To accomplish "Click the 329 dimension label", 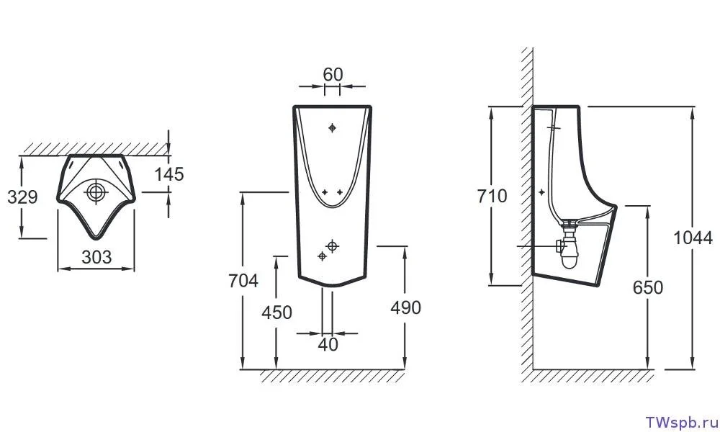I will pos(22,197).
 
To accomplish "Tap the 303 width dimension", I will pos(96,256).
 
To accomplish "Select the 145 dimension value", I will pos(169,174).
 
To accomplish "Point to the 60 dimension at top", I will pos(332,74).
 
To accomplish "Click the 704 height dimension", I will pos(243,281).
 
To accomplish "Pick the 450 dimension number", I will pos(277,312).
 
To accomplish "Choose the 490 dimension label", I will pos(405,307).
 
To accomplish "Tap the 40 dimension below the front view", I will pos(328,345).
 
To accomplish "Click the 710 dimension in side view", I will pos(492,195).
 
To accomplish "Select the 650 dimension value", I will pos(647,287).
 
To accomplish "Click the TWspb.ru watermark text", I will pos(679,420).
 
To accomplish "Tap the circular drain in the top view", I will pos(95,192).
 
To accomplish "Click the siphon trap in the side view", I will pos(570,248).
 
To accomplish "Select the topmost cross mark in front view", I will pos(332,128).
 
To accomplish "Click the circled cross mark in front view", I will pos(332,246).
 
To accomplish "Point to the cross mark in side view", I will pos(541,192).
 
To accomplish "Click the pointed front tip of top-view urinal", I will pos(96,238).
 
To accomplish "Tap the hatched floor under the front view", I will pos(331,377).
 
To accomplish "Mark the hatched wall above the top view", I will pos(94,148).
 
